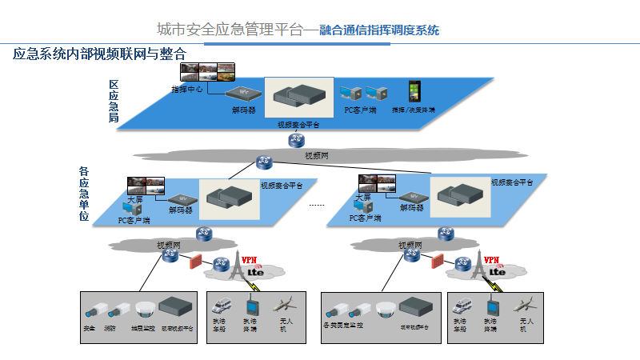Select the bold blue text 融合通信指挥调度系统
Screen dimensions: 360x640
379,31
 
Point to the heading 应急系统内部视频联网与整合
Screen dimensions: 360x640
99,54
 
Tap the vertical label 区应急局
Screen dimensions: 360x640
114,101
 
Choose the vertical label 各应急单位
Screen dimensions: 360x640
83,193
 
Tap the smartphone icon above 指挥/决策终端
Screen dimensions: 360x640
414,90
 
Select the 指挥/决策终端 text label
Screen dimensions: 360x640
414,109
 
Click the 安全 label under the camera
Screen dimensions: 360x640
89,327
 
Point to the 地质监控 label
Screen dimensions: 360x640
142,327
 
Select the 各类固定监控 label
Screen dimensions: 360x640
343,326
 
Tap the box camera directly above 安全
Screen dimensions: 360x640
94,309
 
